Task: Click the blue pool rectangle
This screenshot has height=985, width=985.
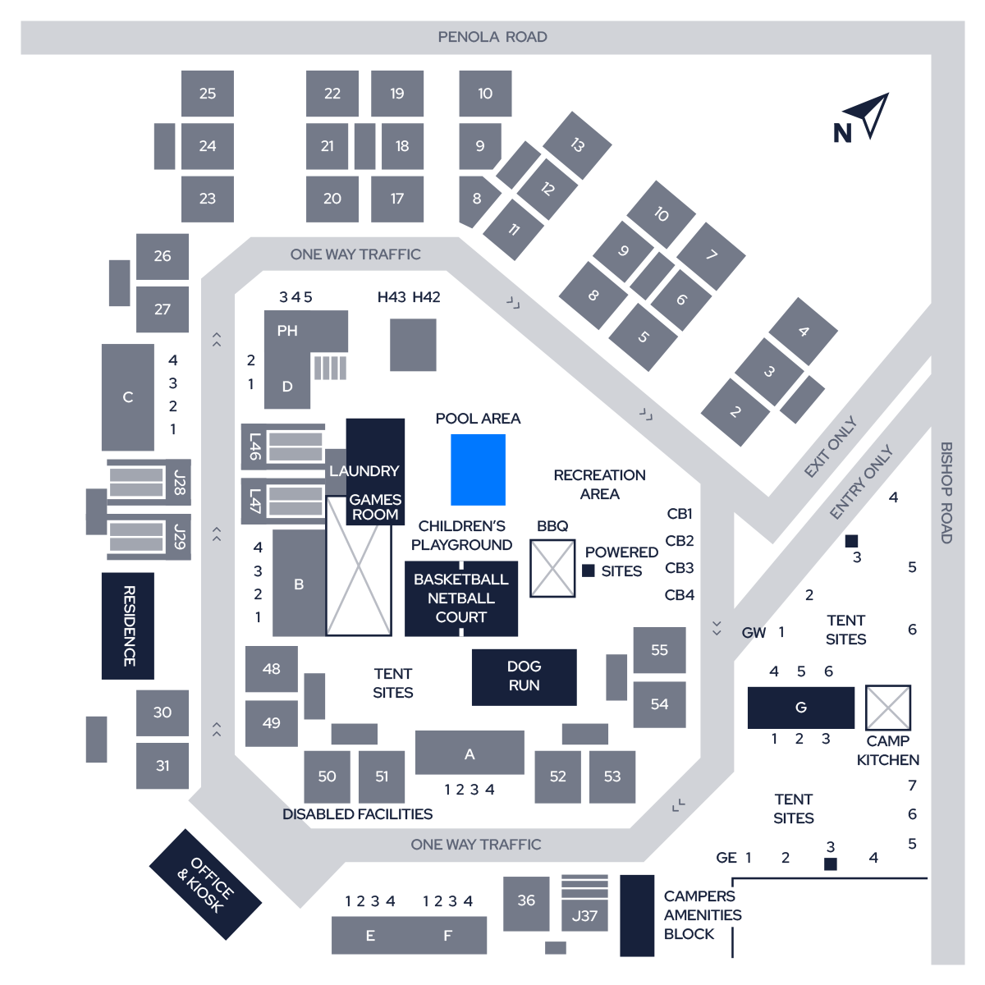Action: [x=478, y=470]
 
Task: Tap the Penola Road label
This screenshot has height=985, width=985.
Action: [x=492, y=37]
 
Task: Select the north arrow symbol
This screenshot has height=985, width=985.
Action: [x=869, y=115]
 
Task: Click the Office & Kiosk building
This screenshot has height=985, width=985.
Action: [x=205, y=884]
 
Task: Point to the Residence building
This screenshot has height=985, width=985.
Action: [x=128, y=625]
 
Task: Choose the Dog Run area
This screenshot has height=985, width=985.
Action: [x=524, y=677]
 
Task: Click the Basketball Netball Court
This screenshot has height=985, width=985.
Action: [x=461, y=598]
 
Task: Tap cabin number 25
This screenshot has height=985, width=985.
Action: [x=208, y=94]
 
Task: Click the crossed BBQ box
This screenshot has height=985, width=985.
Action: [x=552, y=568]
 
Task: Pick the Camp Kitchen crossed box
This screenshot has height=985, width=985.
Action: [x=888, y=708]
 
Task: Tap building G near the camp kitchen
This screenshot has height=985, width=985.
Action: [x=801, y=708]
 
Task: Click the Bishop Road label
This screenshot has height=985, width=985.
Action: [x=946, y=492]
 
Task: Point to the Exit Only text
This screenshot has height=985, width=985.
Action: [x=831, y=447]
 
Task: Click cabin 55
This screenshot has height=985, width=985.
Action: [x=659, y=649]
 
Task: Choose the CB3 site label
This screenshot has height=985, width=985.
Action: [x=680, y=568]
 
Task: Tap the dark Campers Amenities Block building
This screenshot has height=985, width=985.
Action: [x=637, y=915]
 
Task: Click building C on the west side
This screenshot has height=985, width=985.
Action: [x=128, y=397]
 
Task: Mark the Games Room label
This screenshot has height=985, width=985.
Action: [x=375, y=506]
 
